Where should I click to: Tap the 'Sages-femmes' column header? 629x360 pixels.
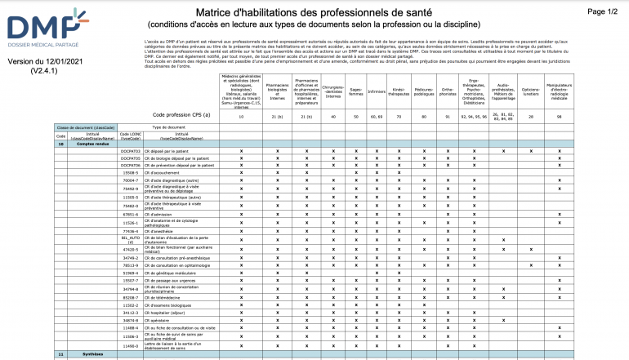tap(355, 91)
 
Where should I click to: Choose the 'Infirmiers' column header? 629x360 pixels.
tap(377, 91)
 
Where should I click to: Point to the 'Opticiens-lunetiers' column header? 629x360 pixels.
tap(530, 91)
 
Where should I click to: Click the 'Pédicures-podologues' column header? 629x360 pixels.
tap(423, 91)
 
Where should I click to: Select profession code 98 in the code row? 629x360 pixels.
tap(559, 116)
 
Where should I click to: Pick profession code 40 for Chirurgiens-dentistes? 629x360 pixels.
tap(332, 116)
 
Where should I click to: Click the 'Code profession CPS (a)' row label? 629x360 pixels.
tap(181, 116)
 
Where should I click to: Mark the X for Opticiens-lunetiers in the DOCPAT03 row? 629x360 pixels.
tap(531, 151)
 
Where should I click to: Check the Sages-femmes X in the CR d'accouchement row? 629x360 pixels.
tap(355, 172)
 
